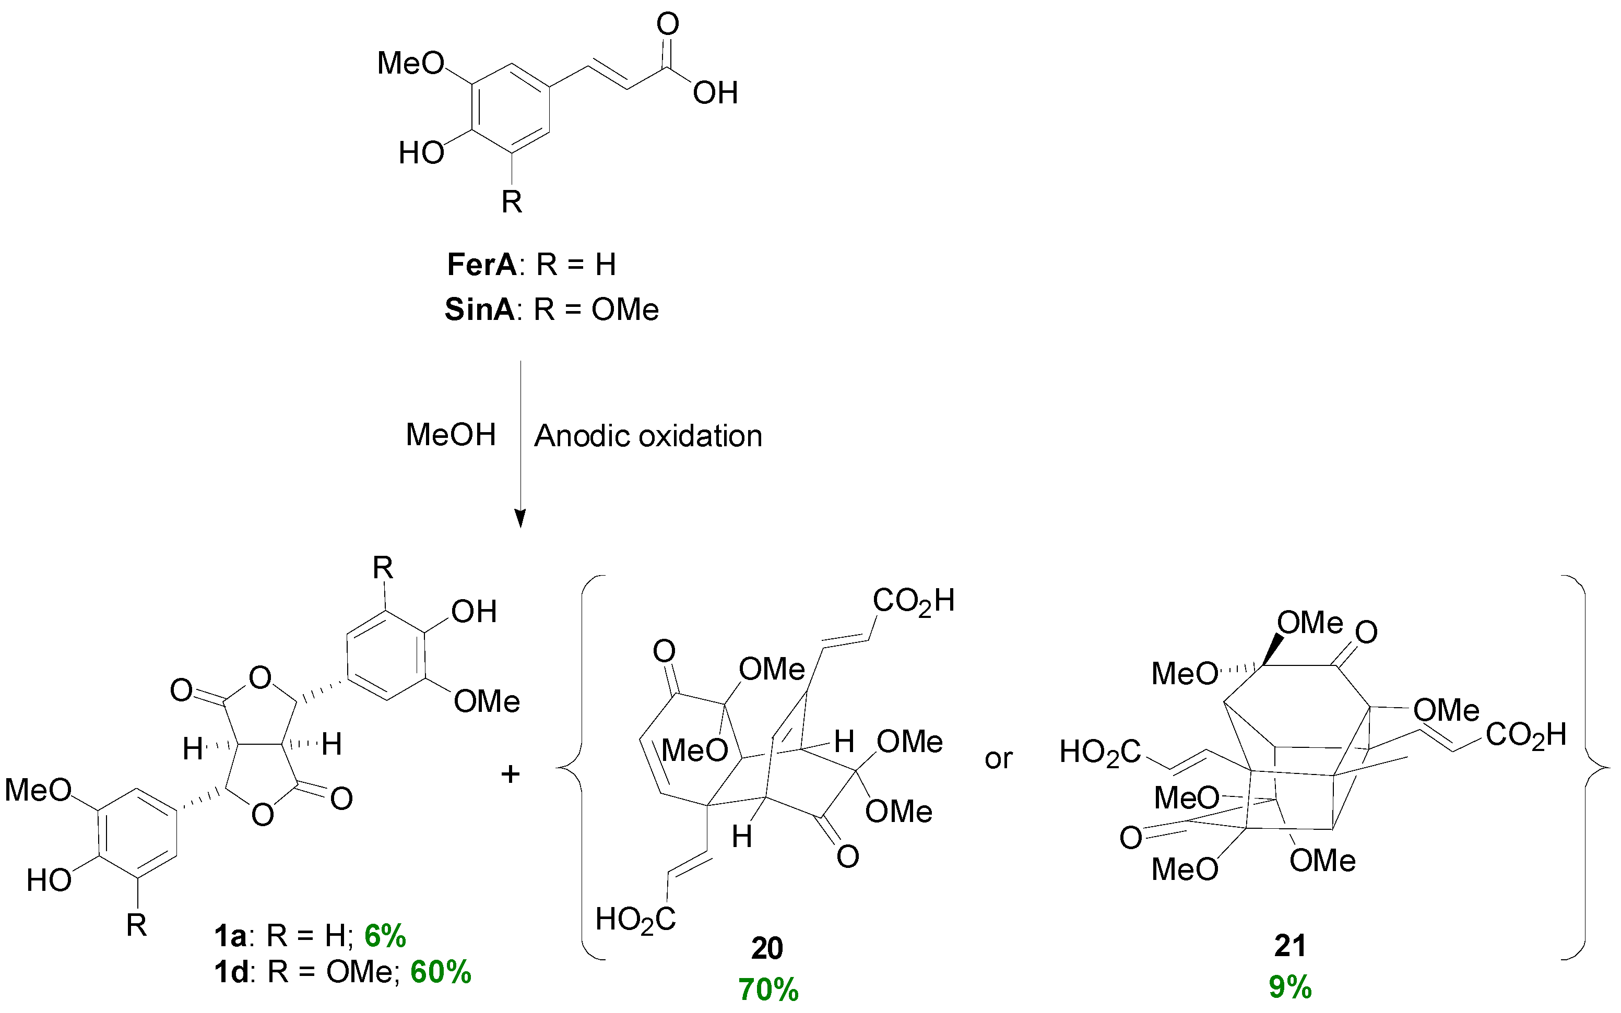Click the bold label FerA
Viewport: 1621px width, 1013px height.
click(481, 265)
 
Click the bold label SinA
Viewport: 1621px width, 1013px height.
click(479, 309)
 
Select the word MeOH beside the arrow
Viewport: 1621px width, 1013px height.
click(451, 435)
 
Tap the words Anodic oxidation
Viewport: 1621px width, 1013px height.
click(648, 436)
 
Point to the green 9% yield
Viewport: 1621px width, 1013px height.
click(1290, 987)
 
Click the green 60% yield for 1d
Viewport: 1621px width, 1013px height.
click(440, 971)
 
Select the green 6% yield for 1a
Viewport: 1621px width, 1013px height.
click(385, 935)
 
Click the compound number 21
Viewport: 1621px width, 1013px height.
click(1290, 945)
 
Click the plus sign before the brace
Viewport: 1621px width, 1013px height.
click(511, 774)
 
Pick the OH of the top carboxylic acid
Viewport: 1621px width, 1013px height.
click(715, 93)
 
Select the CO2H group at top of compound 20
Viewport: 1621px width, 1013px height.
click(913, 601)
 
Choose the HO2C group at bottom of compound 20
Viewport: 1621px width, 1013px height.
click(635, 919)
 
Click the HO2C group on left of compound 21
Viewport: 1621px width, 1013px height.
click(1099, 752)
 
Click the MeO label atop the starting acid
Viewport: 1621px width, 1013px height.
click(411, 64)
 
